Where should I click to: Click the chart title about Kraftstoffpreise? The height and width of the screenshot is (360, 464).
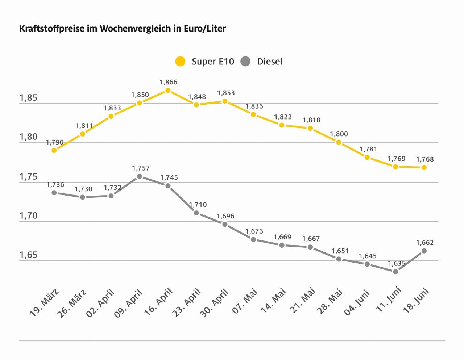click(x=123, y=29)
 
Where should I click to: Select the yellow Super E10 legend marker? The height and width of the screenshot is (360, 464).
click(x=180, y=62)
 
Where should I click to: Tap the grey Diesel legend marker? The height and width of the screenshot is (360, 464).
click(x=245, y=62)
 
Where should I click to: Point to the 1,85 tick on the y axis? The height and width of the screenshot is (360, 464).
click(x=29, y=98)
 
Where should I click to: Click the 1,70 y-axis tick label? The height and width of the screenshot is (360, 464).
click(x=29, y=216)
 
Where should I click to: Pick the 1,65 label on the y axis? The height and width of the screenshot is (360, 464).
click(x=29, y=255)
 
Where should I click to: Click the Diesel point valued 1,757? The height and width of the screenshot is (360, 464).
click(x=140, y=176)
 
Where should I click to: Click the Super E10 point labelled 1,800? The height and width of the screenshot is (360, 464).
click(x=339, y=142)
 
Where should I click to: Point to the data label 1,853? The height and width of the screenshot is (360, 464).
click(x=226, y=93)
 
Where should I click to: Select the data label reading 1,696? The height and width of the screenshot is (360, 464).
click(x=225, y=216)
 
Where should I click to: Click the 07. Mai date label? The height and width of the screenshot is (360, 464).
click(x=245, y=301)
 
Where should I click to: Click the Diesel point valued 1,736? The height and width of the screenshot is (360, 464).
click(x=54, y=193)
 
